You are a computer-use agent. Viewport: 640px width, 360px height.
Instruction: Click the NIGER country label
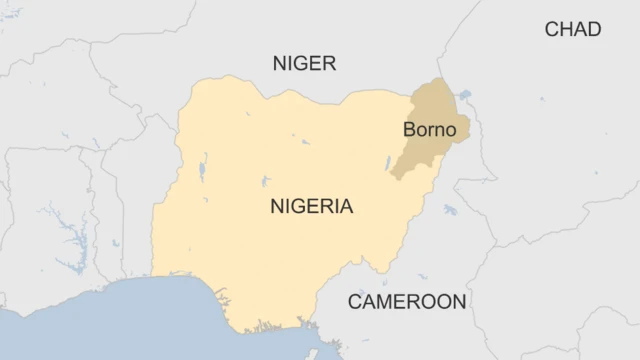coord(304,64)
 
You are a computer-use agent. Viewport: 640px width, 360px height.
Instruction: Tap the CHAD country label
coord(572,30)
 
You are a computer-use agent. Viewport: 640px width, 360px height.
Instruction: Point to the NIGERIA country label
coord(311,207)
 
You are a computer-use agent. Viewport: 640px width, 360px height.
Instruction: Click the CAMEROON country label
coord(406,301)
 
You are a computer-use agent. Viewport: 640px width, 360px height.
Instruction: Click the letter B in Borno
coord(409,130)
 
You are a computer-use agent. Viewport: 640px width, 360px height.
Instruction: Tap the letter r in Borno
coord(428,131)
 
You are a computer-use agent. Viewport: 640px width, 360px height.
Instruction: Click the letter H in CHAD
coord(565,30)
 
